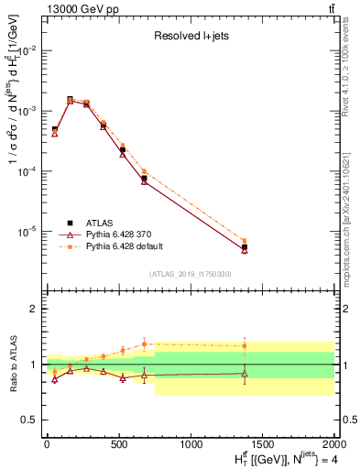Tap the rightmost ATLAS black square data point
click(x=245, y=247)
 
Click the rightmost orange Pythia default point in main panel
click(x=245, y=241)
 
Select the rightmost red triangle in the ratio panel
click(x=245, y=373)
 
